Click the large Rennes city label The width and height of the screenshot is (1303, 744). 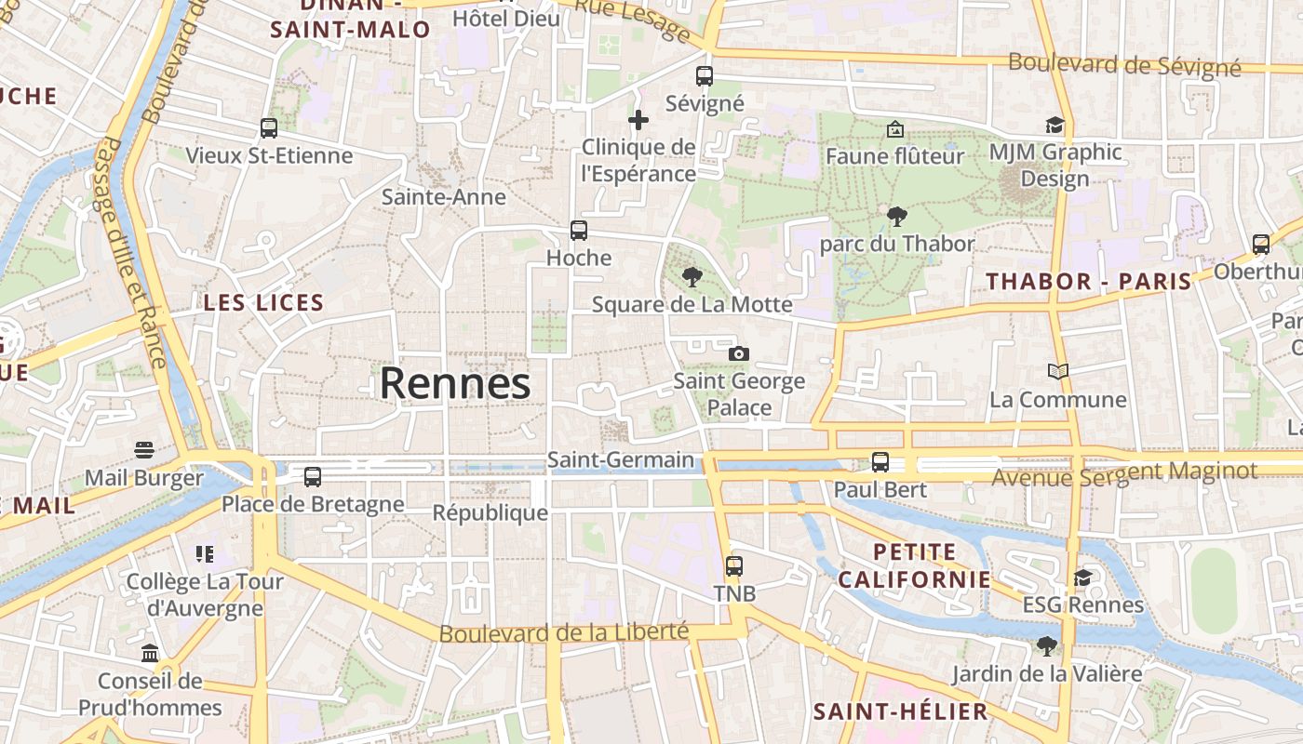point(455,383)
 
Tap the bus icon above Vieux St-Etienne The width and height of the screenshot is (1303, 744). point(269,128)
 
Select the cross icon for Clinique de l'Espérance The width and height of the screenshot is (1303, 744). point(638,120)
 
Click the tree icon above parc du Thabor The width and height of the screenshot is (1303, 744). point(897,217)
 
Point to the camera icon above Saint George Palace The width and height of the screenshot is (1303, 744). point(739,353)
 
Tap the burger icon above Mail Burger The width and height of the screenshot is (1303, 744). point(143,451)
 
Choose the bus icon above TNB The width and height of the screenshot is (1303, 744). point(734,565)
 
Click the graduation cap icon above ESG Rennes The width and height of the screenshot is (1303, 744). point(1082,578)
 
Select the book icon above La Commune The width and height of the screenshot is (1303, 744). point(1058,372)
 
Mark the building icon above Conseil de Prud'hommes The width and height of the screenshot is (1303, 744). point(150,653)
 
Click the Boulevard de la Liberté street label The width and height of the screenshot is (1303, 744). point(564,632)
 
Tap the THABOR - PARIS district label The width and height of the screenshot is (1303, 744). point(1088,281)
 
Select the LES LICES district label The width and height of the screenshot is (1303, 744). point(263,302)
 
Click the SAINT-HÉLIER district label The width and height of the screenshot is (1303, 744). point(900,712)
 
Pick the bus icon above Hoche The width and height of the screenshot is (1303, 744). point(579,231)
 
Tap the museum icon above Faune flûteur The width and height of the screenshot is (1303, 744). point(895,129)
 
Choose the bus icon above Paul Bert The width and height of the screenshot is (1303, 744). point(880,461)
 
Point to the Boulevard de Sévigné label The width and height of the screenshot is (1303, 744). point(1124,64)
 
